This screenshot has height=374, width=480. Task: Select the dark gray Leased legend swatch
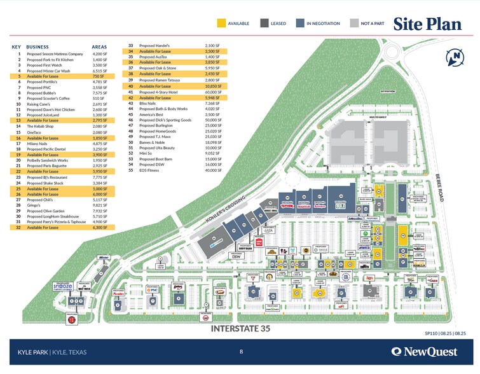(x=264, y=24)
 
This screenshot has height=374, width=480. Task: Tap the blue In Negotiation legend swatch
(x=300, y=24)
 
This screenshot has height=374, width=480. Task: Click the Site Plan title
(x=427, y=24)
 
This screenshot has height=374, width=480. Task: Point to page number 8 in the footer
(x=241, y=351)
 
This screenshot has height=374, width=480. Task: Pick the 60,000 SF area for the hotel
(x=212, y=92)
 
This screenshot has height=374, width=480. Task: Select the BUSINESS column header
(x=37, y=47)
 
